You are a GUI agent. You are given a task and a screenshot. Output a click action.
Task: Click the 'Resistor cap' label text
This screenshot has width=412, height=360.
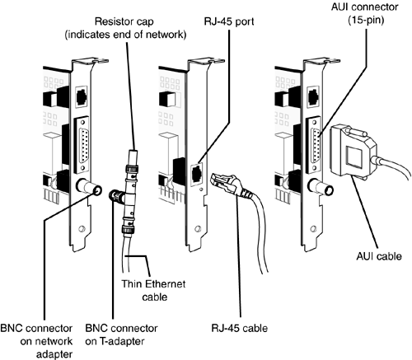point(124,21)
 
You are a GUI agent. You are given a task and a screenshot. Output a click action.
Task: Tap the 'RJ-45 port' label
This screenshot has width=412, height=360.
point(229,21)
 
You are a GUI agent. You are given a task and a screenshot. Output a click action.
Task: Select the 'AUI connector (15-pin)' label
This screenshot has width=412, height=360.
point(365,13)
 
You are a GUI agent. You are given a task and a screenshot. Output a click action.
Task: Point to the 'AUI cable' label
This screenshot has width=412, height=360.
point(379,256)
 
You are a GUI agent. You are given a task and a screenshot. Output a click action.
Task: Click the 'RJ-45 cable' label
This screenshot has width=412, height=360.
point(239,328)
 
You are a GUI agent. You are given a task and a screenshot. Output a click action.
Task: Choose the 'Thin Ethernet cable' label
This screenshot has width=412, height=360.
point(154,290)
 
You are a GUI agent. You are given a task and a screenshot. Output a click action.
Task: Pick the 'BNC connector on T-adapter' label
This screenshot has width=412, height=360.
point(121,334)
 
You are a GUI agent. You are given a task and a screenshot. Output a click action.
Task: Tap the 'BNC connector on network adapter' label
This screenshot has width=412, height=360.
point(36,341)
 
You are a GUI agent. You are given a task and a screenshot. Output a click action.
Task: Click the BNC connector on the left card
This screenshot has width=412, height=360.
point(88,188)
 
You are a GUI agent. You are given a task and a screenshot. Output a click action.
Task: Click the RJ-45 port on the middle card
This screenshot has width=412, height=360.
point(197,174)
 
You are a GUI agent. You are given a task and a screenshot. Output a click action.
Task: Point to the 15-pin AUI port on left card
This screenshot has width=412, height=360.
point(82,144)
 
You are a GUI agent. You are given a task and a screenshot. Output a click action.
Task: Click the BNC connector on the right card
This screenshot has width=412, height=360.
point(321,187)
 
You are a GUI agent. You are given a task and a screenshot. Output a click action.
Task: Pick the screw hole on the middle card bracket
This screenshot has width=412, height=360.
point(197,229)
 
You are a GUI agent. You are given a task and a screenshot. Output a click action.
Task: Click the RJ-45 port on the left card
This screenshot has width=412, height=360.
point(82,95)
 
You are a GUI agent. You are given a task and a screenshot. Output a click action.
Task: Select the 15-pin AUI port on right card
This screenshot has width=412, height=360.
point(314,144)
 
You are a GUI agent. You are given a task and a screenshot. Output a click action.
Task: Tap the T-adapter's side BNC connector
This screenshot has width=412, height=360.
point(116,195)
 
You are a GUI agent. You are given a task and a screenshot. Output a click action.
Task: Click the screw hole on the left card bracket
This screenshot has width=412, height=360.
point(82,229)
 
